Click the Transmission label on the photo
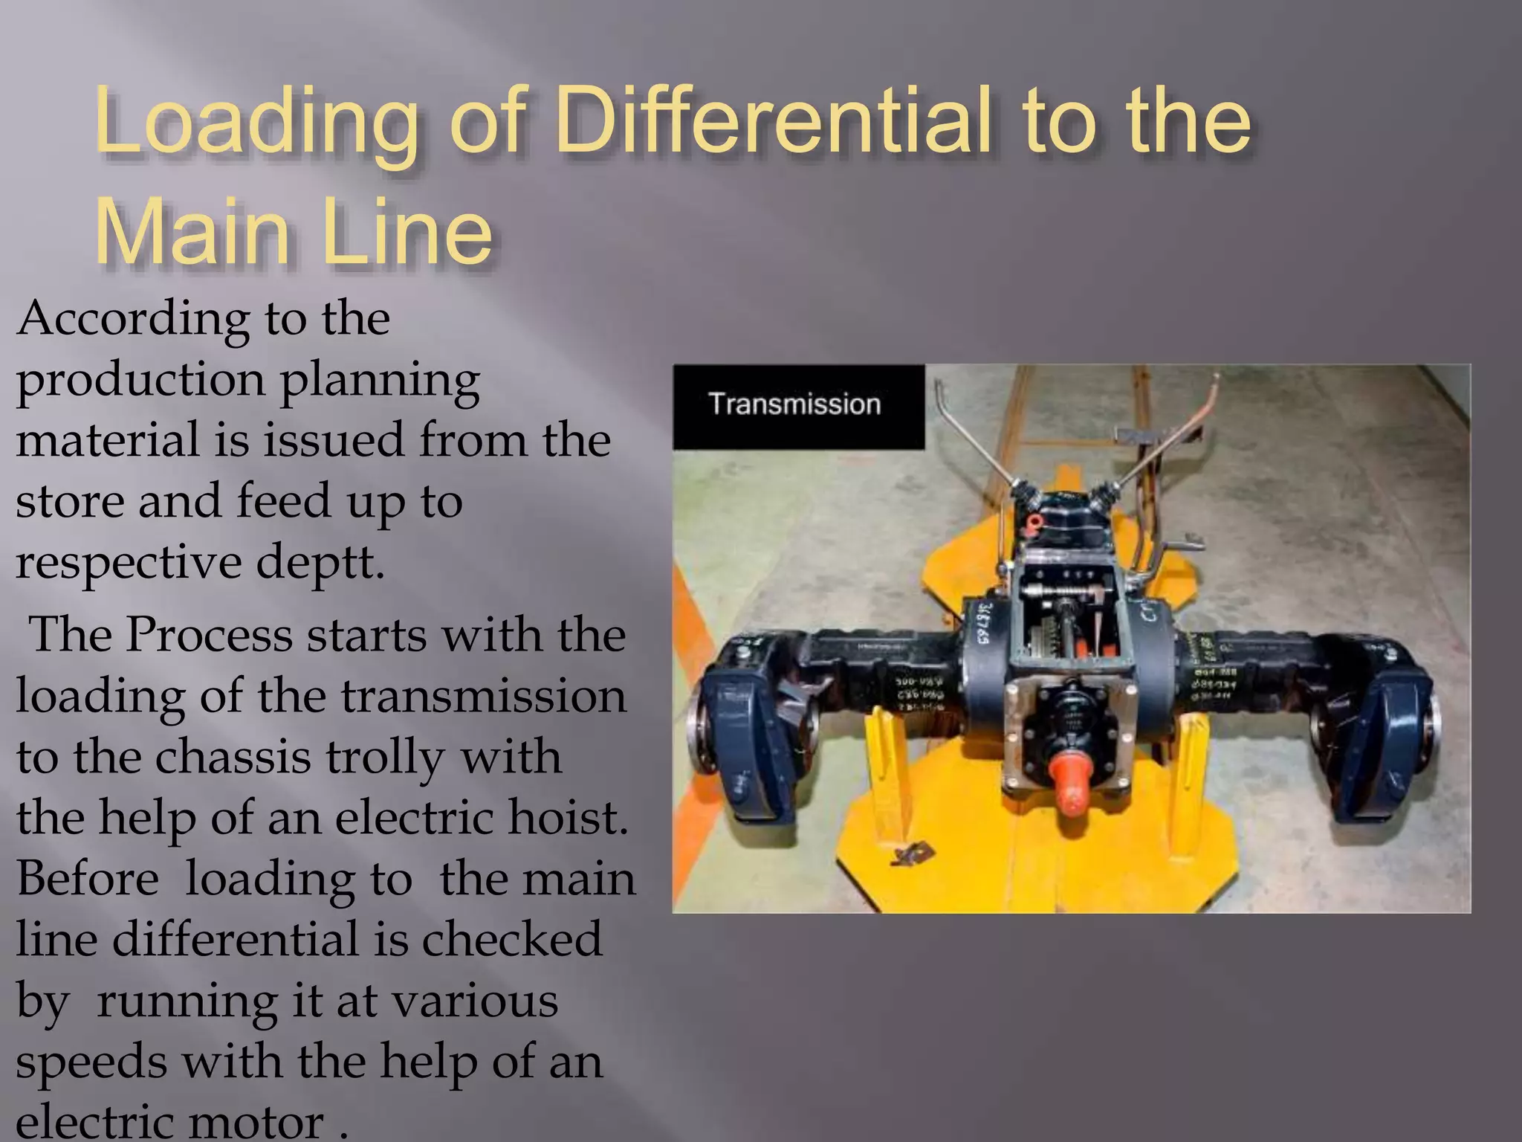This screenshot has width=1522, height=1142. pos(794,404)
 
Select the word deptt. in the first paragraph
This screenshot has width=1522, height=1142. pos(320,563)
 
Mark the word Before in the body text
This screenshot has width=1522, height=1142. pos(88,879)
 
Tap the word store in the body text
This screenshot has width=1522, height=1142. pos(70,501)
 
